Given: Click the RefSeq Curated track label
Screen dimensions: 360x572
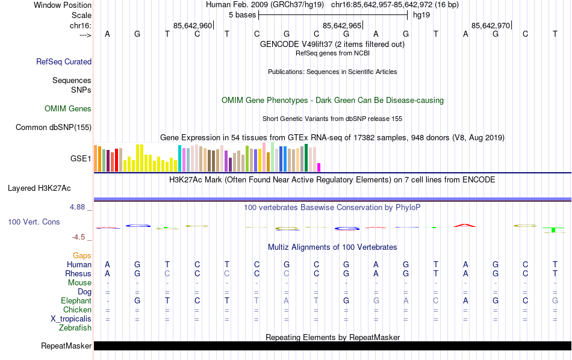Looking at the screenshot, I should [x=64, y=61].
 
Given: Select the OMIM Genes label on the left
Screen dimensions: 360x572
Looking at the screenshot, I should [x=68, y=109].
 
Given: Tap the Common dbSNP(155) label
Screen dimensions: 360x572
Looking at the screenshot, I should [x=54, y=127].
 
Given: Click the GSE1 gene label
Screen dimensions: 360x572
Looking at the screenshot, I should [x=81, y=159].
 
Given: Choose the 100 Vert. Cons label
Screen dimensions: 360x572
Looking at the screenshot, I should [x=34, y=222].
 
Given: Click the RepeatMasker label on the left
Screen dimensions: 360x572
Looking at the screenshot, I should [x=66, y=346].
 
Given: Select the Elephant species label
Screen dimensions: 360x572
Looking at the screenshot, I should [x=76, y=301].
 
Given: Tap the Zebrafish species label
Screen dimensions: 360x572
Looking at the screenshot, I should [x=75, y=328].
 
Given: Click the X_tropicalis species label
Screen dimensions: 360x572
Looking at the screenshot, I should [x=71, y=319].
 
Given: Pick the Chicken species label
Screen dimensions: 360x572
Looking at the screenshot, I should [x=77, y=310].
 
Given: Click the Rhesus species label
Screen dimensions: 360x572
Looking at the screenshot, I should [x=78, y=274].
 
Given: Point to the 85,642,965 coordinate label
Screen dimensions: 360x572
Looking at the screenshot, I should [x=342, y=26].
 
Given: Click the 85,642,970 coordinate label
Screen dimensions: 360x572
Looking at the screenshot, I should [x=491, y=26].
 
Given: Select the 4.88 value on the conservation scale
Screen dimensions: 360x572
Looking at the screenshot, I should [x=78, y=207].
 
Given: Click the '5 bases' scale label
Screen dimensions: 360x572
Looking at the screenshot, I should [x=242, y=14].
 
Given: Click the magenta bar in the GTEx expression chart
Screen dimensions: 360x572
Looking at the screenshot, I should [x=319, y=167].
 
